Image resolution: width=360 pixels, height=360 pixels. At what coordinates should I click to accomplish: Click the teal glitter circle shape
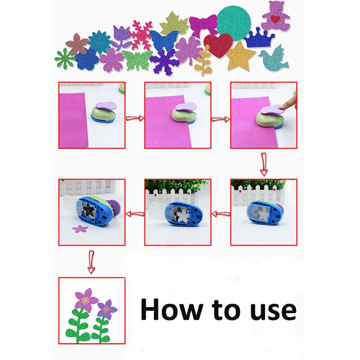tap(234, 20)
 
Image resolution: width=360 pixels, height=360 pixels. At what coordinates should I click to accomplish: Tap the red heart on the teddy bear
tap(275, 19)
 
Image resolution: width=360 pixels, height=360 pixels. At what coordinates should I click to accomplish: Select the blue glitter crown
tap(259, 38)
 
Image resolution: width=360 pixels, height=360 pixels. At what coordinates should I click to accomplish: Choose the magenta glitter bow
tap(203, 25)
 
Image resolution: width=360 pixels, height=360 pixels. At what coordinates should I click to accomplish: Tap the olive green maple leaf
tap(174, 24)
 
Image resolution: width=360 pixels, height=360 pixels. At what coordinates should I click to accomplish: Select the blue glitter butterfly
tap(164, 40)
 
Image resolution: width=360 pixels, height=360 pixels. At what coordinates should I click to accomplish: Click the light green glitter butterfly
tap(137, 60)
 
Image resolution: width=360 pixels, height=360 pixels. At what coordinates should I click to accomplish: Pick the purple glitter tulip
tap(121, 37)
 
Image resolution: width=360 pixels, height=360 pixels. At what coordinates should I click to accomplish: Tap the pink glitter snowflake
tap(140, 35)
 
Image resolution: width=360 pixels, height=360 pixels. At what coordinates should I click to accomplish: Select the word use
tap(273, 311)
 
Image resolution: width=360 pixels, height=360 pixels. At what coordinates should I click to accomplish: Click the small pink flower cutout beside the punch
tap(80, 229)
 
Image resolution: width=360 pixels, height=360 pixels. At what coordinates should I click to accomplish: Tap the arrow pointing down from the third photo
tap(264, 164)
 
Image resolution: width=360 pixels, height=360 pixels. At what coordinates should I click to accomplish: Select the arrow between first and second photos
tap(135, 118)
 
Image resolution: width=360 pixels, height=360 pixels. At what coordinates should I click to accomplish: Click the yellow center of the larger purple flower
tap(85, 300)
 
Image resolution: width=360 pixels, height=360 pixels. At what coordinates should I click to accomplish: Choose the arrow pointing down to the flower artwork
tap(91, 262)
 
